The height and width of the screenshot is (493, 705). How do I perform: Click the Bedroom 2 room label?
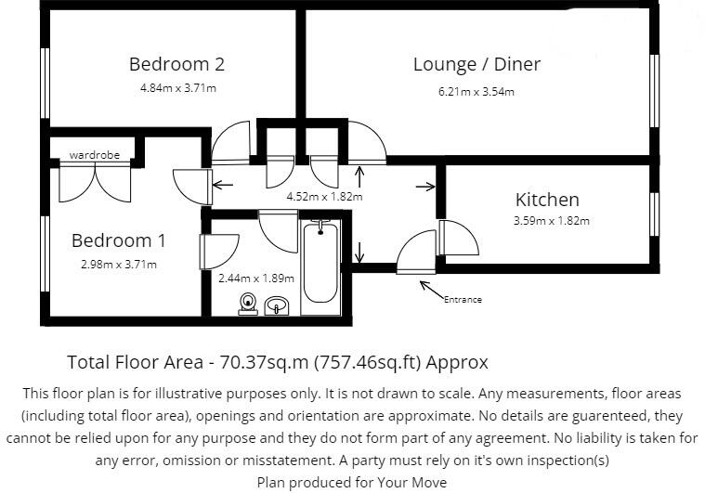click(176, 65)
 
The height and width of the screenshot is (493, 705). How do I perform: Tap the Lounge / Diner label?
click(477, 65)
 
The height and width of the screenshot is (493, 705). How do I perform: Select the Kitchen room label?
click(547, 200)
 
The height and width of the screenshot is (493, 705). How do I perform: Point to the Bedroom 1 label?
click(119, 241)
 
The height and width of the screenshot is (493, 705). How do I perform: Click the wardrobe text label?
click(94, 155)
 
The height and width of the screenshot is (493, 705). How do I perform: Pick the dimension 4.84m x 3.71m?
click(177, 88)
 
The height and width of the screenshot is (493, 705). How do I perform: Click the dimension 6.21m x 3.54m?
click(477, 91)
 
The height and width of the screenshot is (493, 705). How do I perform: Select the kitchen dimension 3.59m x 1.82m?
click(552, 221)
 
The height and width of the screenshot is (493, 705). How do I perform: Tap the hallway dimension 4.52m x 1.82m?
click(324, 196)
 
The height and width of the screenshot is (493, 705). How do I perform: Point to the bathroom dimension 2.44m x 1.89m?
click(255, 278)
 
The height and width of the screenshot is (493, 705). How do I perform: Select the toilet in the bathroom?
click(248, 303)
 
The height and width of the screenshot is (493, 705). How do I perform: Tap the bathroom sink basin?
click(277, 305)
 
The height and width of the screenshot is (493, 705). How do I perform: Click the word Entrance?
click(463, 299)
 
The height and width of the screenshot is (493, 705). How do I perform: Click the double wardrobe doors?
click(94, 183)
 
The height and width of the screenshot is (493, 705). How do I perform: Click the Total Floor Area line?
click(278, 362)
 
